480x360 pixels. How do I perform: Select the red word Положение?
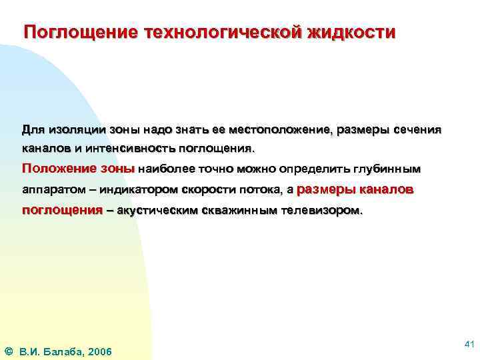pos(54,168)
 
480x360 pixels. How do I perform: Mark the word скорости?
pos(209,189)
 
